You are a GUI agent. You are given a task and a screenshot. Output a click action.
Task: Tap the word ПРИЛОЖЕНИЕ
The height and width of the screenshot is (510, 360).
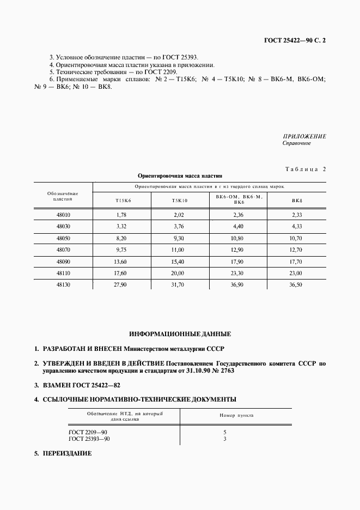tap(304, 136)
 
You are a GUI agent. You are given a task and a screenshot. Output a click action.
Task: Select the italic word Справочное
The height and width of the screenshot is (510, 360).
tap(296, 143)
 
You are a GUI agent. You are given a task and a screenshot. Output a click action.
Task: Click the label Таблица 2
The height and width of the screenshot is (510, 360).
tap(305, 169)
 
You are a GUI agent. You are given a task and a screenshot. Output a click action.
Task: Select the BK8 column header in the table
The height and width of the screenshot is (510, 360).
tap(297, 201)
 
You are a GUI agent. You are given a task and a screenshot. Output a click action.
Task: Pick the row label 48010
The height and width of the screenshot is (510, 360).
tap(63, 215)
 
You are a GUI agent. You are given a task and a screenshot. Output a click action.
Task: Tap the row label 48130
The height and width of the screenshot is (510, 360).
tap(63, 284)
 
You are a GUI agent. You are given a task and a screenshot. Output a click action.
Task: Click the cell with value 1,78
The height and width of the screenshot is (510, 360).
tap(121, 215)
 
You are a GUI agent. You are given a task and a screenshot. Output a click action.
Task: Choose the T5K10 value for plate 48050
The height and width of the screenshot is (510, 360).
tap(179, 239)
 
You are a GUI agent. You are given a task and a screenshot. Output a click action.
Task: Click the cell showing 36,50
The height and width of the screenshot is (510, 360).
tap(296, 284)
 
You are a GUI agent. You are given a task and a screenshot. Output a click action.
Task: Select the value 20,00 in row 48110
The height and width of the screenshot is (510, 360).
tap(179, 273)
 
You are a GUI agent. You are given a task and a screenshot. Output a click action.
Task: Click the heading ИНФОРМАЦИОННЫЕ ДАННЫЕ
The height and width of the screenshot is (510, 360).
tap(180, 333)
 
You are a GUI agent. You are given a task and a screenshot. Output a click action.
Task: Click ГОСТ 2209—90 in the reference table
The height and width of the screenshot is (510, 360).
tap(85, 432)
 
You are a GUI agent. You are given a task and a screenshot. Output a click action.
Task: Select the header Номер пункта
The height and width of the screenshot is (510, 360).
tap(236, 415)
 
